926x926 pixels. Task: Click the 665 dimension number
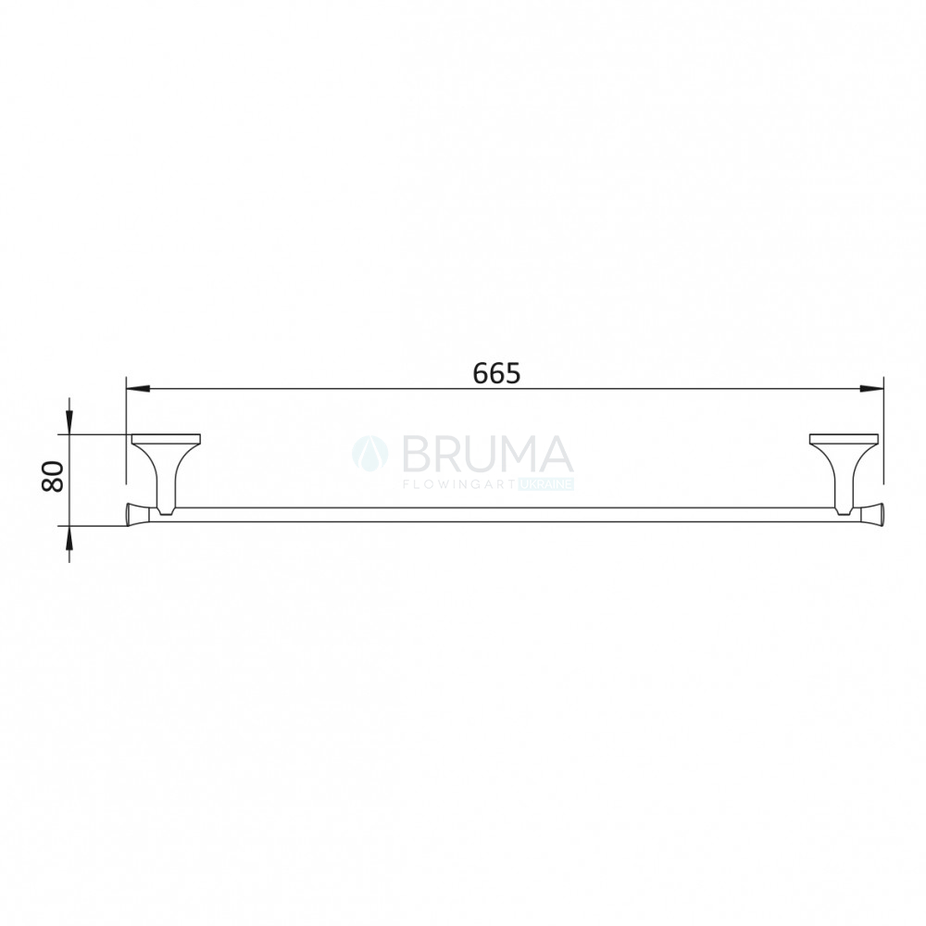tap(496, 373)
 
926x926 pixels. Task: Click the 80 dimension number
tap(53, 477)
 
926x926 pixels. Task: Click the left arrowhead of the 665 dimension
tap(138, 389)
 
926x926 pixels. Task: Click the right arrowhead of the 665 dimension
tap(871, 389)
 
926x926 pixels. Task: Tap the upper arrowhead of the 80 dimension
tap(69, 424)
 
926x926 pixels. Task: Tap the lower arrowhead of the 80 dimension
tap(69, 537)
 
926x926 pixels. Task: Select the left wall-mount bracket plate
tap(166, 439)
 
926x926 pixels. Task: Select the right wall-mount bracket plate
tap(844, 439)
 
